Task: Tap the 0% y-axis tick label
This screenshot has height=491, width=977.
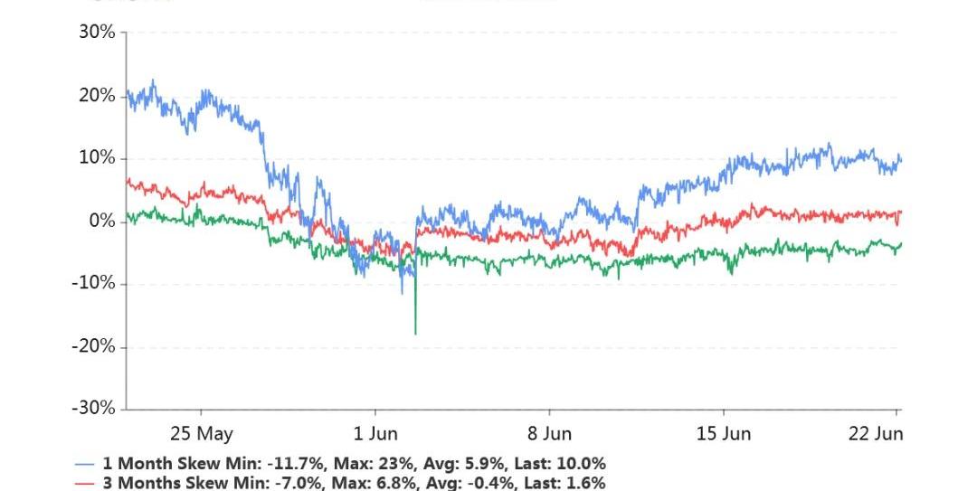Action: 101,222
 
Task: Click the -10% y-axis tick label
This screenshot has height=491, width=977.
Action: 94,284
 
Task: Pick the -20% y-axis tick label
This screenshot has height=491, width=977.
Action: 94,346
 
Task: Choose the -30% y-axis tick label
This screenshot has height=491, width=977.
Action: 94,409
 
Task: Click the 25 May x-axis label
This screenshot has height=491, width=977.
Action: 201,434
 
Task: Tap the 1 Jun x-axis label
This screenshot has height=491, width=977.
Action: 371,434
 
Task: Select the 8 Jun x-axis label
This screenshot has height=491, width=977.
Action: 548,434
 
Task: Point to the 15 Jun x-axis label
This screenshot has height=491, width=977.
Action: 724,434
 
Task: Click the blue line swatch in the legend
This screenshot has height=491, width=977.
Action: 85,463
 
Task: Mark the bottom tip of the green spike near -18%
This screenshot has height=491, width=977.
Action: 415,334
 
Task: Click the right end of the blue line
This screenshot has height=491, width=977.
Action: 901,161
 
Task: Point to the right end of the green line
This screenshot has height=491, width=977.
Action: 901,244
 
